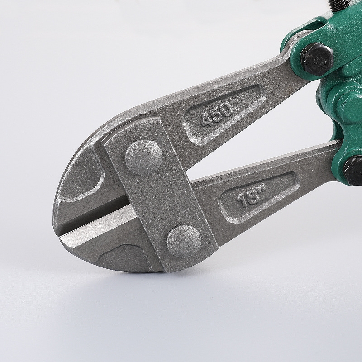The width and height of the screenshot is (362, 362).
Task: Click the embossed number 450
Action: pyautogui.click(x=217, y=114)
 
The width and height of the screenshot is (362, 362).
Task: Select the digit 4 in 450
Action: pyautogui.click(x=206, y=119)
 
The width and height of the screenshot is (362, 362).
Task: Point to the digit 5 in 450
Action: pyautogui.click(x=216, y=114)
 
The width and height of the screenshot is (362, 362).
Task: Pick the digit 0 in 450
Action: pyautogui.click(x=227, y=109)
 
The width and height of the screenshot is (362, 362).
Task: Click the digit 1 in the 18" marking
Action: pyautogui.click(x=242, y=200)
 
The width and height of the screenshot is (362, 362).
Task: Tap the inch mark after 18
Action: pyautogui.click(x=262, y=188)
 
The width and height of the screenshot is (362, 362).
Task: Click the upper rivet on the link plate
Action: pyautogui.click(x=144, y=157)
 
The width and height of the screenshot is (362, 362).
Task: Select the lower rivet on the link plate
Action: pyautogui.click(x=184, y=242)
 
